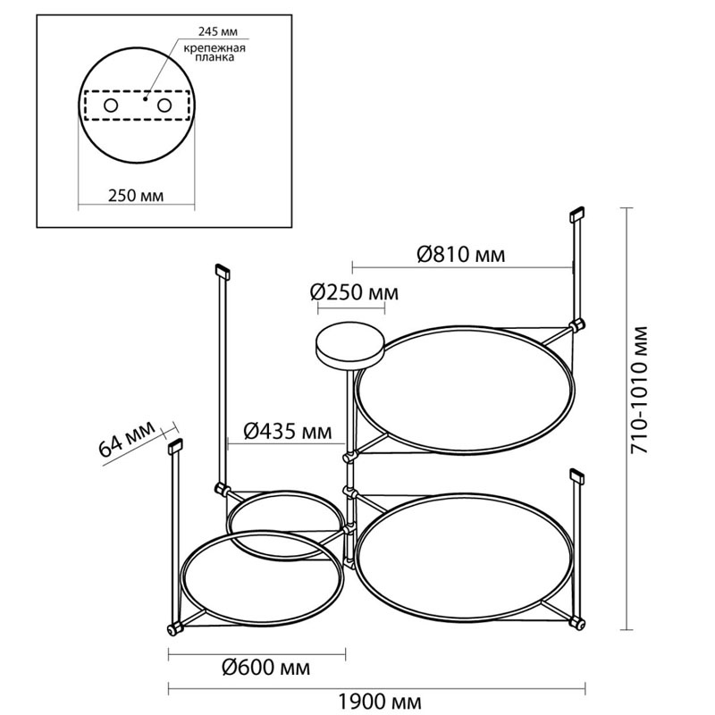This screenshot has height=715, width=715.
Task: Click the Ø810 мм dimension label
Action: (461, 254)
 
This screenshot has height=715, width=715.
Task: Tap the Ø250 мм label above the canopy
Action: (354, 292)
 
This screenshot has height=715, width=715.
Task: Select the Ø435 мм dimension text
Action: (287, 431)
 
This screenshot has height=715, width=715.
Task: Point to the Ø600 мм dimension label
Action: (265, 667)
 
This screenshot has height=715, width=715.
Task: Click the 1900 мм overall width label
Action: (379, 701)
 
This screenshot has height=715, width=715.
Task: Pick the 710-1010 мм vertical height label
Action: (638, 390)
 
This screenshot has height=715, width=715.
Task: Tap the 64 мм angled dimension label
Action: (126, 439)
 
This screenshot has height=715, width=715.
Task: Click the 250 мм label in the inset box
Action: (136, 195)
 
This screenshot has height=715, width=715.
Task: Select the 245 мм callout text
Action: (218, 32)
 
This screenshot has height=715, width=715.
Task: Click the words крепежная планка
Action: (214, 53)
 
